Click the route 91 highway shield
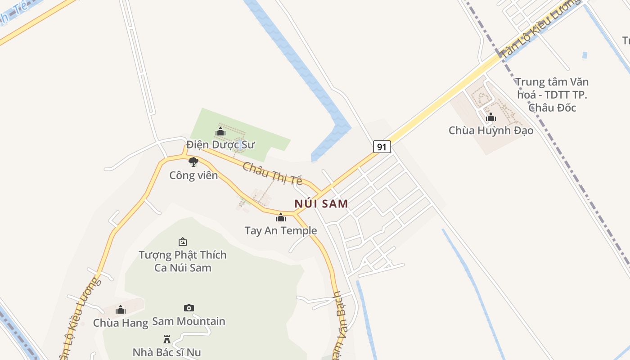coord(382,147)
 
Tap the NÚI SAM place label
coord(321,203)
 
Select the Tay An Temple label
coord(281,231)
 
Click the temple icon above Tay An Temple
coord(281,218)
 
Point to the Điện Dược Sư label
coord(220,144)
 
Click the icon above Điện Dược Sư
coord(220,131)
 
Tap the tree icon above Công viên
coord(193,162)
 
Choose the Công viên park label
coord(193,175)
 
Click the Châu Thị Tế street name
coord(272,173)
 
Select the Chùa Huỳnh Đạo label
coord(491,130)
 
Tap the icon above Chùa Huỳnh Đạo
coord(491,117)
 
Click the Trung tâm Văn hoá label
coord(552,94)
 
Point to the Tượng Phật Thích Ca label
coord(183,261)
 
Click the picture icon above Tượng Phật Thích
coord(183,242)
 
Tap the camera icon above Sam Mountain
coord(189,308)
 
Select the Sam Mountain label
coord(189,321)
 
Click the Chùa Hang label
coord(121,323)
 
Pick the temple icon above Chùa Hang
coord(121,310)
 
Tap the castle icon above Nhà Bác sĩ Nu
coord(167,339)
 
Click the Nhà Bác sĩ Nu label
coord(167,352)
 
